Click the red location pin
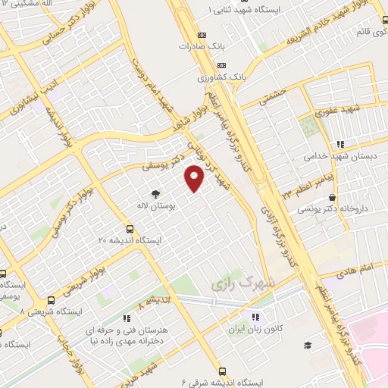(x=195, y=178)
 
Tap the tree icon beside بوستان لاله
(x=156, y=194)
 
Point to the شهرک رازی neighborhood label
(x=236, y=286)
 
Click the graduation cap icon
(x=308, y=346)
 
